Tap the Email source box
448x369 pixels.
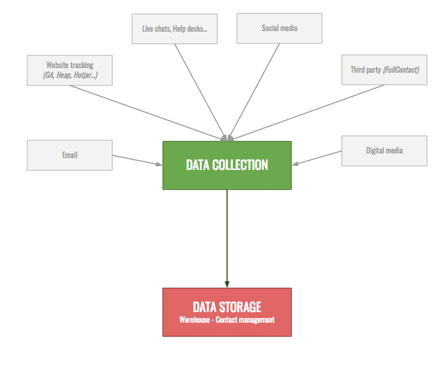[x=69, y=155]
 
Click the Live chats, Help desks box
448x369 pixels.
[x=175, y=28]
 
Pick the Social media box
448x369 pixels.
[x=279, y=28]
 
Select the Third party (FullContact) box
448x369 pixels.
[x=384, y=69]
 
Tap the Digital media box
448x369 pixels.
[x=384, y=151]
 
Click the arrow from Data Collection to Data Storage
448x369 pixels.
[x=227, y=238]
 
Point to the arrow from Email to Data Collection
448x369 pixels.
[x=137, y=159]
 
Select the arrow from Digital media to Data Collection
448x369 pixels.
[x=318, y=157]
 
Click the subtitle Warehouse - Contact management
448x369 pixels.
[x=226, y=320]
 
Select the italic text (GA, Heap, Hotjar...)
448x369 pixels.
[x=69, y=75]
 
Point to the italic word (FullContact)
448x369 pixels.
[x=400, y=69]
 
